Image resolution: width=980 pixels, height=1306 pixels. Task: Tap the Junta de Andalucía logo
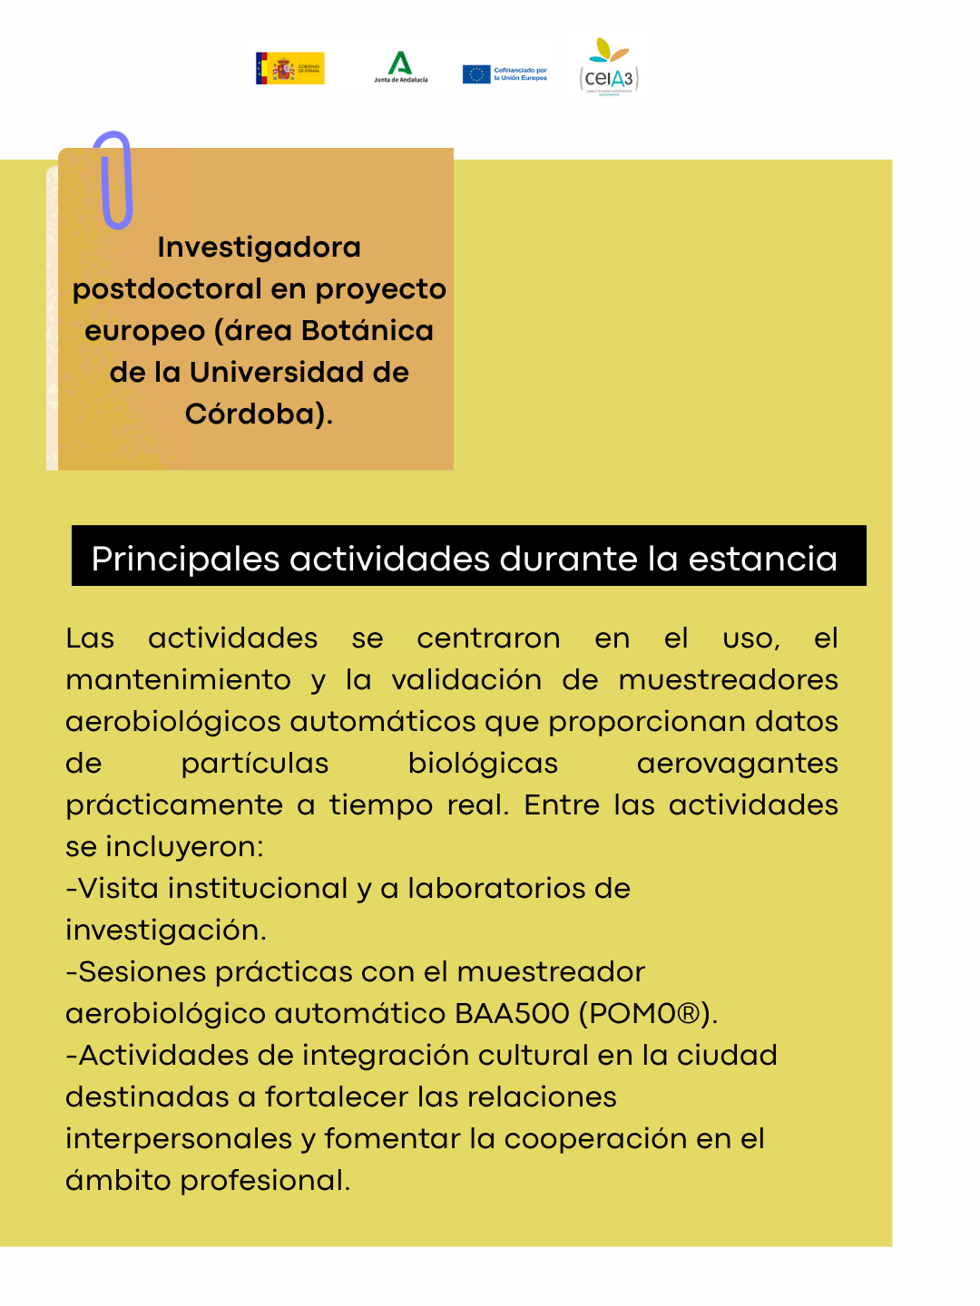pos(400,67)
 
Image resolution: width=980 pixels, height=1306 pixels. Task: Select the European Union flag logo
pos(476,74)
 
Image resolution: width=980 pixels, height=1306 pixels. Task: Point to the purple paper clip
pos(114,180)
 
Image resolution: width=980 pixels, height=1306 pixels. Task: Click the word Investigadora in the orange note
pos(259,248)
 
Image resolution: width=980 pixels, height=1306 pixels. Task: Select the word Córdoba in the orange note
pos(254,414)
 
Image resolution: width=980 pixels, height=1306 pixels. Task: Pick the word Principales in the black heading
pos(185,559)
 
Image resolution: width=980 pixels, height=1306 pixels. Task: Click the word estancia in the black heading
pos(762,559)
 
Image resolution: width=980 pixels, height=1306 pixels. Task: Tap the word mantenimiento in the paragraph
pos(178,680)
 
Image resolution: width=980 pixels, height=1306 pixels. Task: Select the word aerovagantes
pos(737,764)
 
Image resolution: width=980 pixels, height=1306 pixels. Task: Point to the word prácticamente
pos(174,805)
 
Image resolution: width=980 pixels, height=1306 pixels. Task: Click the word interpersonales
pos(179,1139)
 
